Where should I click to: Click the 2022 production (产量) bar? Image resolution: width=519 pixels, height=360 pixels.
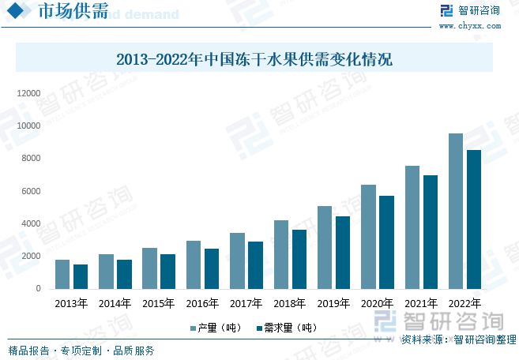456,211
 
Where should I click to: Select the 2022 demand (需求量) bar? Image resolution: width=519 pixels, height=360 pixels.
473,219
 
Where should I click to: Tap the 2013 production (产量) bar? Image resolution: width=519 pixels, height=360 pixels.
62,274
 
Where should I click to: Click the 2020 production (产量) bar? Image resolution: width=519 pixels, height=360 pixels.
368,237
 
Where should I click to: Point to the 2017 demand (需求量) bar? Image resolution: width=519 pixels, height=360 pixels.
255,265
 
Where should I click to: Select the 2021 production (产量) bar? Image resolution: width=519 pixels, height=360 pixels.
412,227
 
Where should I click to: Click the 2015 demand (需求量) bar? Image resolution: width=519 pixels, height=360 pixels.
167,272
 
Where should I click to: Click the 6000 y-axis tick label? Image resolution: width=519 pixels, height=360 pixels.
30,191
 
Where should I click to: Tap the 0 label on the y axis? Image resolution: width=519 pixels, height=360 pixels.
37,289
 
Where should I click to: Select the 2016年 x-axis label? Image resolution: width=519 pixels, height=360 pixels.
202,303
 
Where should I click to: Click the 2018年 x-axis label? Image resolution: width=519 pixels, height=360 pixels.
290,303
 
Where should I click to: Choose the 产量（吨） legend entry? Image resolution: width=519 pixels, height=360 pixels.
215,328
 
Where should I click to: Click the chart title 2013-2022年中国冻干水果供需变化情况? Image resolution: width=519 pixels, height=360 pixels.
254,59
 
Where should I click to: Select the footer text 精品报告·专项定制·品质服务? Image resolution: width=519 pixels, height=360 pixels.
81,351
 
